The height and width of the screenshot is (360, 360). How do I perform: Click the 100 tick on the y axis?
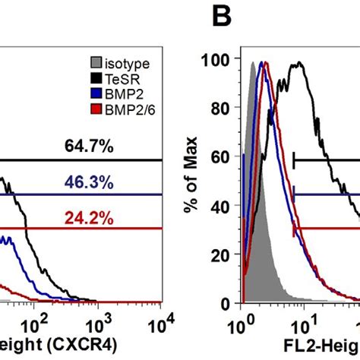click(220, 59)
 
